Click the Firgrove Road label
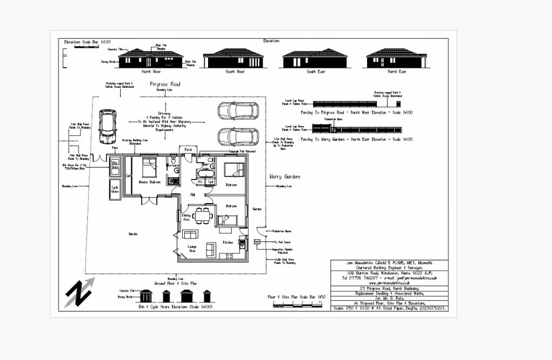click(165, 84)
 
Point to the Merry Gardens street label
click(285, 177)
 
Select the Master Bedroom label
click(150, 182)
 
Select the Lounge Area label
click(193, 248)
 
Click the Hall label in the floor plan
click(193, 194)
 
